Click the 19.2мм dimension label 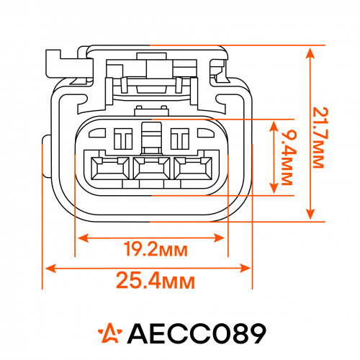pos(156,249)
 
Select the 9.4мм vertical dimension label pos(287,158)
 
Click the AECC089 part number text pos(197,333)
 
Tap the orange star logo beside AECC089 pos(110,333)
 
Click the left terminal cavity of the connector pos(110,168)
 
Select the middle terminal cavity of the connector pos(151,168)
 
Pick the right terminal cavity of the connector pos(193,168)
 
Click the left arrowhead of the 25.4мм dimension pos(50,268)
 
